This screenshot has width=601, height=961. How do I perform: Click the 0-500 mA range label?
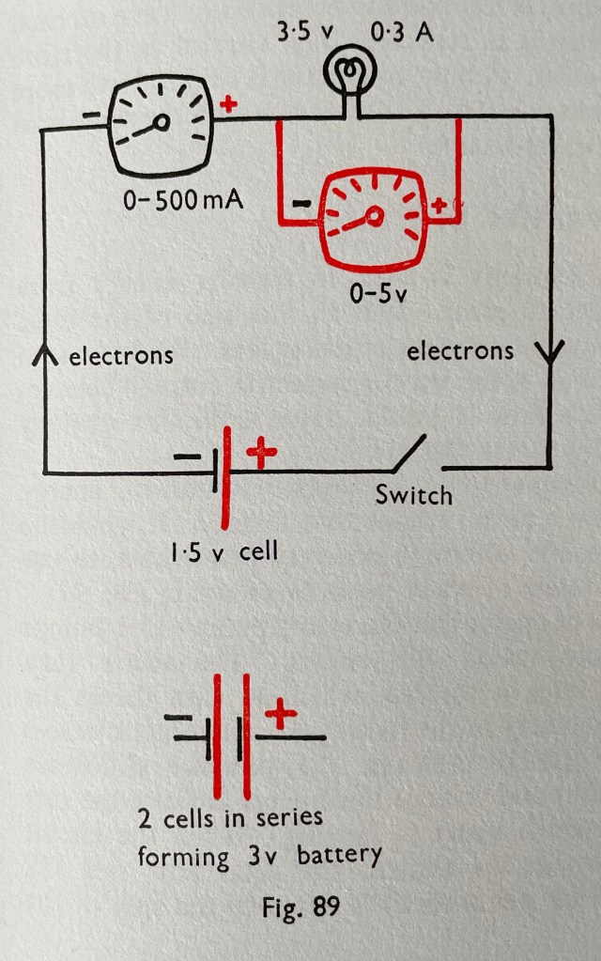[182, 201]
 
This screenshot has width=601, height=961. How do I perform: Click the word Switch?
[414, 494]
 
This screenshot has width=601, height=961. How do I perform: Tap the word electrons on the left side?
[121, 356]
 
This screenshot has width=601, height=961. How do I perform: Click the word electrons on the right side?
[460, 351]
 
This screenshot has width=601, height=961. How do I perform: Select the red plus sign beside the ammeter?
[226, 104]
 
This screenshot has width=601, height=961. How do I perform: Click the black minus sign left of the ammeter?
[91, 117]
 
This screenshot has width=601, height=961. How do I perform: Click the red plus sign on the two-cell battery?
[281, 717]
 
